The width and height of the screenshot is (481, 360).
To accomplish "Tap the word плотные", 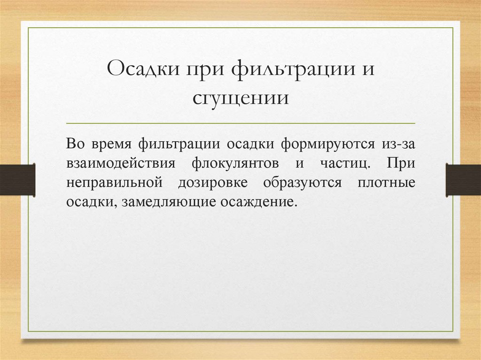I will coord(386,183).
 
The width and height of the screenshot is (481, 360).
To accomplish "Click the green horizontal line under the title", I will coord(240,123).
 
